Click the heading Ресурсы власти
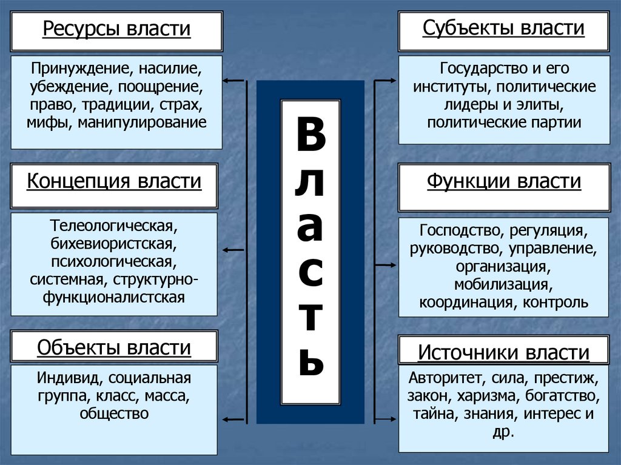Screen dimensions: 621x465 click(116, 30)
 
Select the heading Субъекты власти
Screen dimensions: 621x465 click(503, 28)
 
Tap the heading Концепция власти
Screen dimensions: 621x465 click(114, 181)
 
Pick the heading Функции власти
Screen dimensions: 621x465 click(503, 181)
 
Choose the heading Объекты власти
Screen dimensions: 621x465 click(114, 347)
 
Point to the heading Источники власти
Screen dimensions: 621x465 click(503, 352)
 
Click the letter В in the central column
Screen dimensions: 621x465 click(310, 136)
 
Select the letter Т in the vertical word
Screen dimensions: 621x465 click(310, 319)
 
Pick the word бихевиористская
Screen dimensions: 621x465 click(114, 246)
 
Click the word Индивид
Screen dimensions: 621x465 click(68, 379)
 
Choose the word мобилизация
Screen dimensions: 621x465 click(503, 284)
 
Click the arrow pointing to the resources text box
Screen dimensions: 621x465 click(233, 80)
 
